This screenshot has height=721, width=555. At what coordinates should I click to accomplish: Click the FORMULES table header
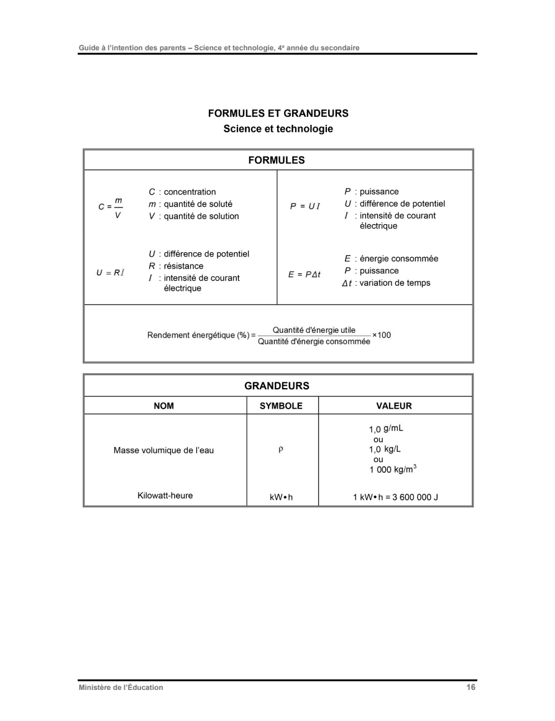(x=277, y=160)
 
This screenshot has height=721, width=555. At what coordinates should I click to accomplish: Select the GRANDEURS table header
(x=277, y=386)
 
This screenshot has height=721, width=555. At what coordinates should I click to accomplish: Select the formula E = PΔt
(x=305, y=274)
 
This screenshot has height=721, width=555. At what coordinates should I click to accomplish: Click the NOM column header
(x=164, y=406)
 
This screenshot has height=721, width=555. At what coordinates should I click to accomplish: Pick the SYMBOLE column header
(x=282, y=406)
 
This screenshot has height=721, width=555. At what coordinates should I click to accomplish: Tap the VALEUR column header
(x=394, y=406)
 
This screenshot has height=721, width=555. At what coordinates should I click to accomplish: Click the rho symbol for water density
(x=281, y=450)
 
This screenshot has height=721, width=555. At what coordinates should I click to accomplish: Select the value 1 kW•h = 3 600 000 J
(x=395, y=497)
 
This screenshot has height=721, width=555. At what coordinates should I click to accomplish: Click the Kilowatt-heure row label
(x=165, y=496)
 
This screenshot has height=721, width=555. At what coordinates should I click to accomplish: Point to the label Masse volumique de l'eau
(x=163, y=450)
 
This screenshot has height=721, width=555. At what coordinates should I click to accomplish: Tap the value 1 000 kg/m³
(x=392, y=469)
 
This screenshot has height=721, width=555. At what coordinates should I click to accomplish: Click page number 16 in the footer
(x=471, y=687)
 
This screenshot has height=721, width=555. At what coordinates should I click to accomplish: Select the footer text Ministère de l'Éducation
(x=121, y=687)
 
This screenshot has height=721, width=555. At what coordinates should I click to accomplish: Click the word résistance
(x=183, y=266)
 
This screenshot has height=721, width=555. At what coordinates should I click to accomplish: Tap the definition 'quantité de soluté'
(x=198, y=204)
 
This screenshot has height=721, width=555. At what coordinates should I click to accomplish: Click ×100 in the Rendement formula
(x=382, y=335)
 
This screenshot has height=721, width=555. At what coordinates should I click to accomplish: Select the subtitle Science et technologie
(x=278, y=129)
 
